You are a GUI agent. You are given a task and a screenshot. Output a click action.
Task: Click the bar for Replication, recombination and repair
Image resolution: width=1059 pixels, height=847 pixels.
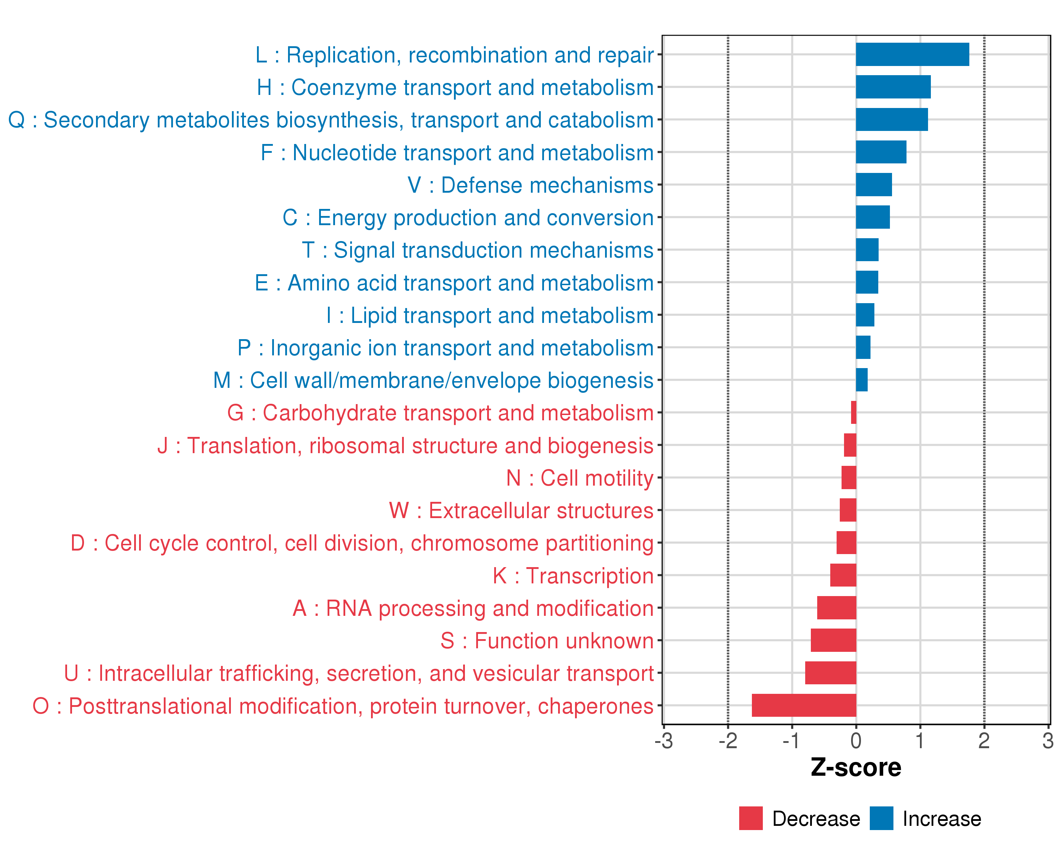point(912,54)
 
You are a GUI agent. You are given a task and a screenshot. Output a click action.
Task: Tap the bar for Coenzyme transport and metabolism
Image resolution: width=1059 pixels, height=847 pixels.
point(893,87)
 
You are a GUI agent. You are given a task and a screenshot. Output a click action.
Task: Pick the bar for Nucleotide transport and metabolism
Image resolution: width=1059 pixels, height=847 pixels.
point(881,152)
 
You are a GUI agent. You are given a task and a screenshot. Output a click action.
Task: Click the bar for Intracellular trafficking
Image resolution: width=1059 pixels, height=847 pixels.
point(830,673)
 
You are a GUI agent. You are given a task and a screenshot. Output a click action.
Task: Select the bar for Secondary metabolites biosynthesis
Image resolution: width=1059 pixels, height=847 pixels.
point(892,120)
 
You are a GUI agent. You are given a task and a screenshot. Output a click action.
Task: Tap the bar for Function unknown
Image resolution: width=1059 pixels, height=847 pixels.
point(833,640)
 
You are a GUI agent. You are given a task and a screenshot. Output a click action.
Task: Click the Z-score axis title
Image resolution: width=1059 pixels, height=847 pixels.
point(856,768)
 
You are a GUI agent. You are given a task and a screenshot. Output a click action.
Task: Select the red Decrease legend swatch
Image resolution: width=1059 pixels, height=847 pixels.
point(750,818)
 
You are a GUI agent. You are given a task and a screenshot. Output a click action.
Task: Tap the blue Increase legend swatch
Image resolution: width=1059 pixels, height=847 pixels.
point(881,818)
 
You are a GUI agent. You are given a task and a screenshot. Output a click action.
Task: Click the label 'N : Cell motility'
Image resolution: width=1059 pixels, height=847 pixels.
point(580,478)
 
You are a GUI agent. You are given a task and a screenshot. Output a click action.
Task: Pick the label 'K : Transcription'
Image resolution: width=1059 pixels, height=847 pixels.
point(573,576)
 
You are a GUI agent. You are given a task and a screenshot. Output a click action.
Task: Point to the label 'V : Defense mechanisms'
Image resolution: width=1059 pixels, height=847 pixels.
point(531,185)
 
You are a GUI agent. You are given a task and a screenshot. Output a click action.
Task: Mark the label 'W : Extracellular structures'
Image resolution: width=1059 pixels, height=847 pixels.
point(521,511)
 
